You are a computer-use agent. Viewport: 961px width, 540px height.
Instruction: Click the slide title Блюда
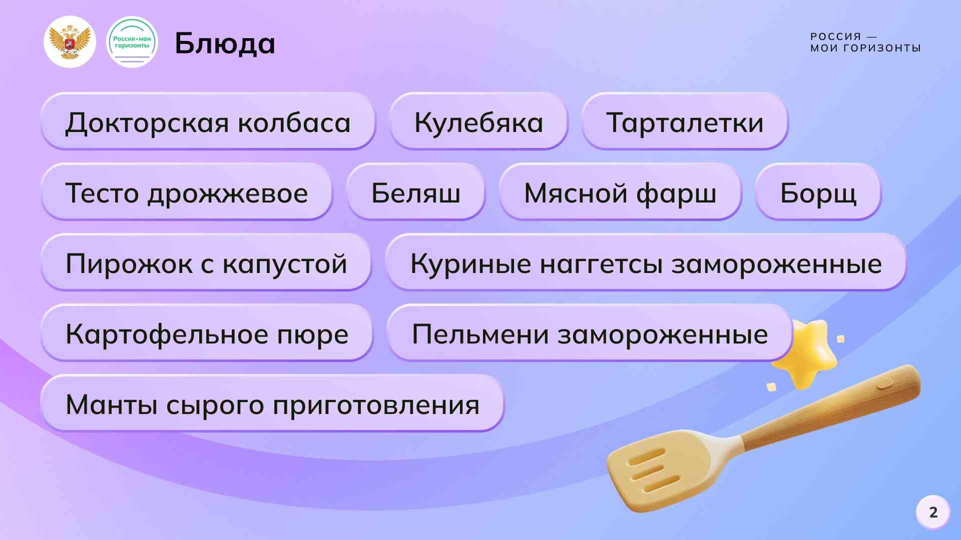pyautogui.click(x=225, y=43)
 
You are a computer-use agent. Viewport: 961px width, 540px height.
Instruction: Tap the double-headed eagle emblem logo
pyautogui.click(x=70, y=42)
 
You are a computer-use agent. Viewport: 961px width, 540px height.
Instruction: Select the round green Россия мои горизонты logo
pyautogui.click(x=132, y=42)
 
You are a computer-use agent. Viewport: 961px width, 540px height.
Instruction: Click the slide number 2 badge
pyautogui.click(x=933, y=512)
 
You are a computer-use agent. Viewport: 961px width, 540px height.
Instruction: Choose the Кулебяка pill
pyautogui.click(x=479, y=121)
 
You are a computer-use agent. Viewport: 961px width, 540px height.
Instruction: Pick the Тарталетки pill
pyautogui.click(x=685, y=121)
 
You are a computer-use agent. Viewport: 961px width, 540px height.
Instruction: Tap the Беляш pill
pyautogui.click(x=415, y=192)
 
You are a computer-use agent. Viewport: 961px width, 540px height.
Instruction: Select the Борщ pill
pyautogui.click(x=818, y=192)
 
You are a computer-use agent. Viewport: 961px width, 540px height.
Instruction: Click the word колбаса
pyautogui.click(x=294, y=122)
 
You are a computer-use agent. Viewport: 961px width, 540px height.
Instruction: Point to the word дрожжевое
pyautogui.click(x=227, y=193)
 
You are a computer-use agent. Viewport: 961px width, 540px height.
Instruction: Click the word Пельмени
pyautogui.click(x=480, y=333)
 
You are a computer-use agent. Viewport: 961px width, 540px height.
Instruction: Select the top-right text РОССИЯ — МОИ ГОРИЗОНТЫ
pyautogui.click(x=865, y=42)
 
